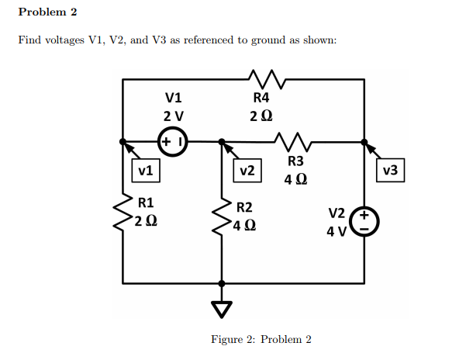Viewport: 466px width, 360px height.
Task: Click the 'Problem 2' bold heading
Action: pos(47,12)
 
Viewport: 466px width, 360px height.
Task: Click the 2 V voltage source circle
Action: pos(171,142)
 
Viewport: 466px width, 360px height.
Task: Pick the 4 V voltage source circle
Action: pos(364,220)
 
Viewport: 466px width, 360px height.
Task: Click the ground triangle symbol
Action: pos(223,310)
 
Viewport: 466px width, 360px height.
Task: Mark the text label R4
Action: pos(261,98)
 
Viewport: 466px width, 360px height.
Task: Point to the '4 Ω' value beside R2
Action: pos(245,226)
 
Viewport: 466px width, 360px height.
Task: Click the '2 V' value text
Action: pos(174,116)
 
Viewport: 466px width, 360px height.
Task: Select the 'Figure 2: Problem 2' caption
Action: pos(261,340)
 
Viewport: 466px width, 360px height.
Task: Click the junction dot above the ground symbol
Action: pos(223,284)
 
